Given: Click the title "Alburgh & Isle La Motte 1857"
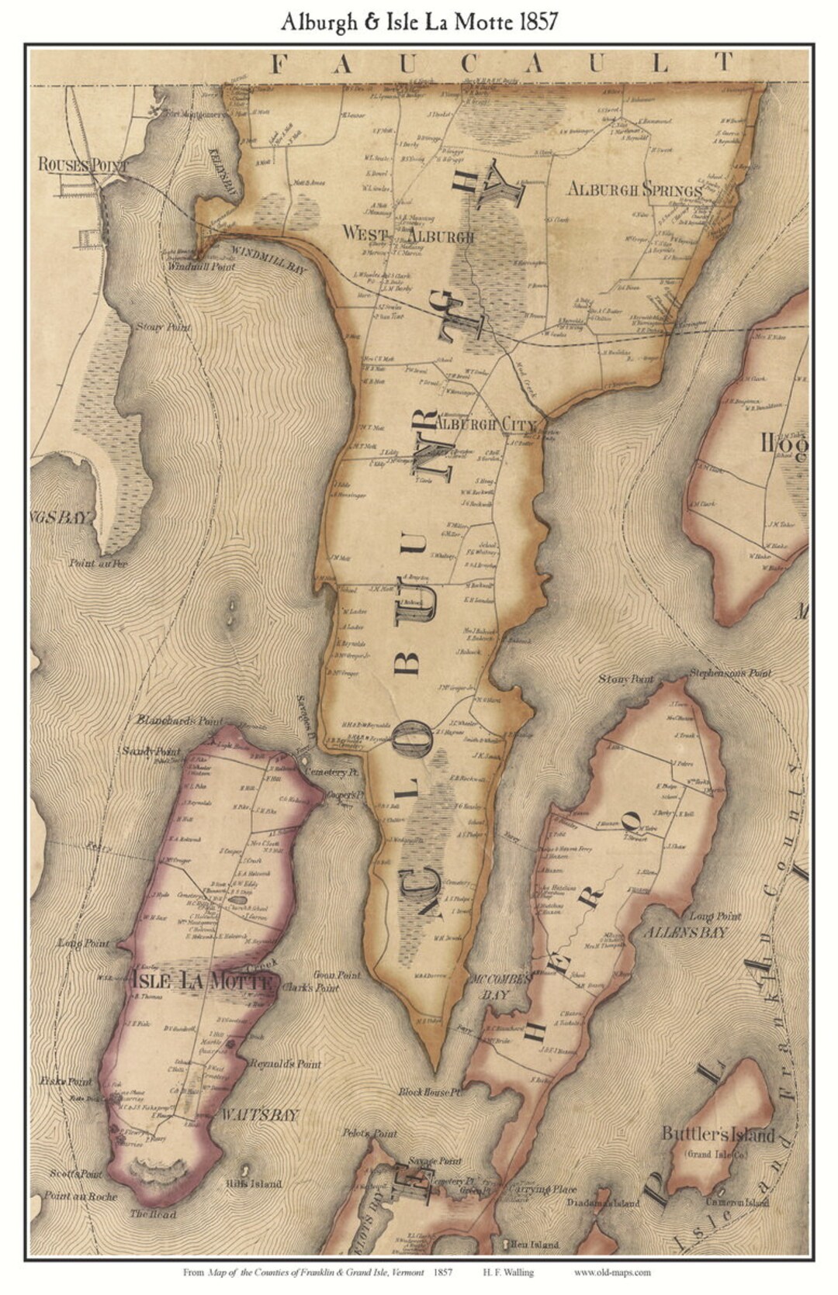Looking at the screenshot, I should click(x=419, y=22).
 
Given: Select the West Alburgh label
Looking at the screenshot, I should click(x=408, y=233).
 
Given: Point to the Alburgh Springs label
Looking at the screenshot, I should click(x=635, y=189).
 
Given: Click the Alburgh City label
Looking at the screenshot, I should click(x=486, y=425).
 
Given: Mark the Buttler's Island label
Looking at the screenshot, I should click(x=719, y=1135).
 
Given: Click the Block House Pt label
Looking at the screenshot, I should click(x=431, y=1092).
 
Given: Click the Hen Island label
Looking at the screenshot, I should click(x=535, y=1245).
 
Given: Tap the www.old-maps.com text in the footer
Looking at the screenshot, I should click(x=613, y=1272).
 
